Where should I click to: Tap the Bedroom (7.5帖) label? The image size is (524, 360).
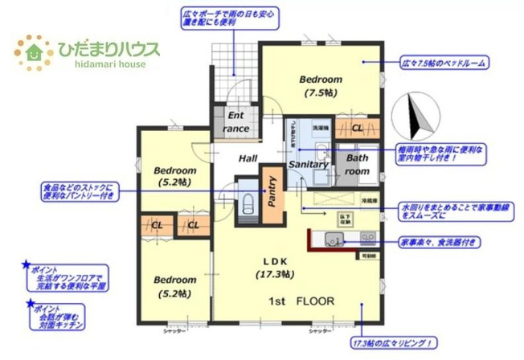point(321,86)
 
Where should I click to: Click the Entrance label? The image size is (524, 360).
point(236,122)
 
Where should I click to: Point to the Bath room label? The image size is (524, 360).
point(357,165)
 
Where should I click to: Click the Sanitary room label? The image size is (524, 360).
point(308,165)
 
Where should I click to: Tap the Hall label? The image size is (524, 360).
point(247,158)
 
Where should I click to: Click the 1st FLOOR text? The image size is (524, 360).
point(301,301)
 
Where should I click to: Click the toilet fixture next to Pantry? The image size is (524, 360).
point(248,201)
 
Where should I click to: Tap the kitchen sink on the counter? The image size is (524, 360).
point(332,237)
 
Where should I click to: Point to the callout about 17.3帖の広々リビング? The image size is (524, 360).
point(393,342)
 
